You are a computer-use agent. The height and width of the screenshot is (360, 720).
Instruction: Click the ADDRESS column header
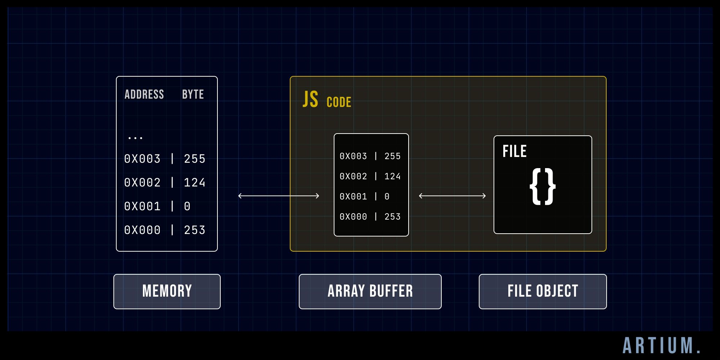point(144,94)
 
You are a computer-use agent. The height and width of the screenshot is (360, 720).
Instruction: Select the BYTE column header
point(193,94)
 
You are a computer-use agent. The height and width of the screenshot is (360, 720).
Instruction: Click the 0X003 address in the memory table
point(142,159)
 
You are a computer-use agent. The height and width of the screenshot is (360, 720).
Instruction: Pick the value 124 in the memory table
point(194,183)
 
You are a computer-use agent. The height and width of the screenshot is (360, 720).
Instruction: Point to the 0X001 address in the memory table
point(142,206)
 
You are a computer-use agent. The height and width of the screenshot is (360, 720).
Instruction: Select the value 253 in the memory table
point(194,230)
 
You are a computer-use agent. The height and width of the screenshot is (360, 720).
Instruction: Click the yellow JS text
point(310,100)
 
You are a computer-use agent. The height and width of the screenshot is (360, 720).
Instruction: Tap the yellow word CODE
point(339,102)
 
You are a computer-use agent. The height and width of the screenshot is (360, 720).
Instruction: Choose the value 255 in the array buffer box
point(392,156)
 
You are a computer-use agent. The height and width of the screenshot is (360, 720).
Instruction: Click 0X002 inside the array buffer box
point(353,176)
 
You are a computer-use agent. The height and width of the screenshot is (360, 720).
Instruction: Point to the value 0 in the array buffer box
point(387,197)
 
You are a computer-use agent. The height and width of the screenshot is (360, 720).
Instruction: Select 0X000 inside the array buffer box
point(353,217)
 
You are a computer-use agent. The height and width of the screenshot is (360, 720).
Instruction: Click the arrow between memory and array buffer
point(279,196)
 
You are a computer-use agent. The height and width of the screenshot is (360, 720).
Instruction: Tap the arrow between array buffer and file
point(452,196)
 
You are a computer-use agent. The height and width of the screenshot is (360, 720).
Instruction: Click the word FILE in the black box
point(514,151)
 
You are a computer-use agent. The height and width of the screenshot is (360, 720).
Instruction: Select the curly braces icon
point(543,186)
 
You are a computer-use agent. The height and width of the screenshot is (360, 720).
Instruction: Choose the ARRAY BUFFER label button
point(370,291)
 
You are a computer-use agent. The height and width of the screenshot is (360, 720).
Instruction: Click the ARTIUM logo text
point(662,346)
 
